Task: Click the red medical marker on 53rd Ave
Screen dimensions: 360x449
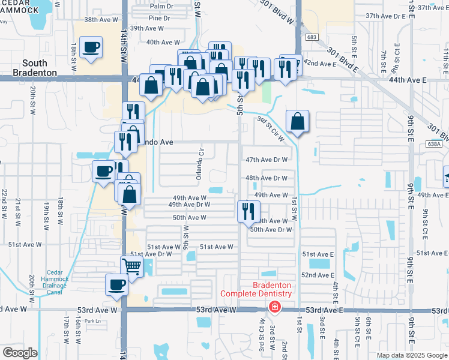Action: tap(274, 307)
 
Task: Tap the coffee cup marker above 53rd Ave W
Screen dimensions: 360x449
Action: tap(116, 285)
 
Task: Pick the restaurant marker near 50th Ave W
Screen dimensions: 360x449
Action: tap(247, 212)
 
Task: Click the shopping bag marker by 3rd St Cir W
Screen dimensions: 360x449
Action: tap(297, 122)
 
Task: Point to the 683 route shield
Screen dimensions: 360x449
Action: tap(310, 37)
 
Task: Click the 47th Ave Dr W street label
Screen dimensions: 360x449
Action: tap(267, 160)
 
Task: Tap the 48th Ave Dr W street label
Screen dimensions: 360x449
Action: tap(267, 178)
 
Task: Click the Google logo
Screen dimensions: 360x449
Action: tap(20, 352)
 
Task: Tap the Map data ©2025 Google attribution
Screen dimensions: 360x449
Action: tap(411, 355)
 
